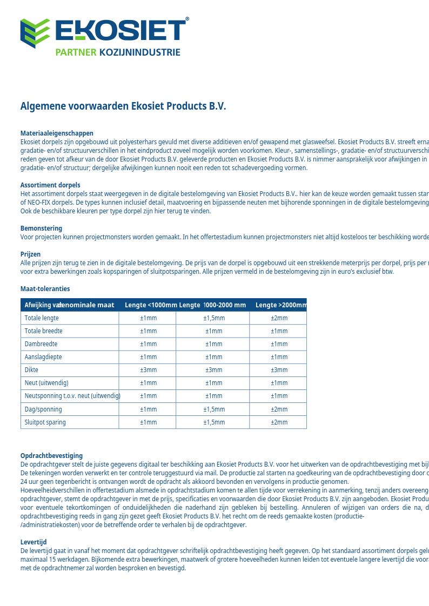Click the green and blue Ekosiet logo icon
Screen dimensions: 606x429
pos(35,33)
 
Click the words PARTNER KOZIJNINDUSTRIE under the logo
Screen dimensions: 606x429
pos(118,52)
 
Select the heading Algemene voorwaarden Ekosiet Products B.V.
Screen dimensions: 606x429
pos(123,106)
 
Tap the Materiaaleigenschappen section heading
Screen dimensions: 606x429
pos(57,133)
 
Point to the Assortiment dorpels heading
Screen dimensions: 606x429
pos(50,185)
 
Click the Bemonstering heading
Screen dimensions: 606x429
pos(41,228)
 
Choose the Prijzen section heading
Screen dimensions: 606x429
pos(30,254)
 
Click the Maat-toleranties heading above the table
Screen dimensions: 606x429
pos(45,289)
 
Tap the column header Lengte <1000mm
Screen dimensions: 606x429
pos(151,305)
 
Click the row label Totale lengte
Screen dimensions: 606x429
pos(42,318)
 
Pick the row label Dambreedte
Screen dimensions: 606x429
pos(41,344)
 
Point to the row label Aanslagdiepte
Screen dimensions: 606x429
pos(43,357)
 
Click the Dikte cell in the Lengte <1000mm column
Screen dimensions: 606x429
pos(148,370)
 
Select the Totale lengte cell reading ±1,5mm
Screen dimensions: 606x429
pos(214,318)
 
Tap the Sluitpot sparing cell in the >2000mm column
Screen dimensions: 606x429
pos(279,422)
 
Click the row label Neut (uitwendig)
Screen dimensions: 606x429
pos(46,383)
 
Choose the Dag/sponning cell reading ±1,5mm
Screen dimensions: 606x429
pos(214,409)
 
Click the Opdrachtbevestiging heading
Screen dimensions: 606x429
pos(51,456)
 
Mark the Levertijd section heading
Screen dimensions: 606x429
pos(33,542)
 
